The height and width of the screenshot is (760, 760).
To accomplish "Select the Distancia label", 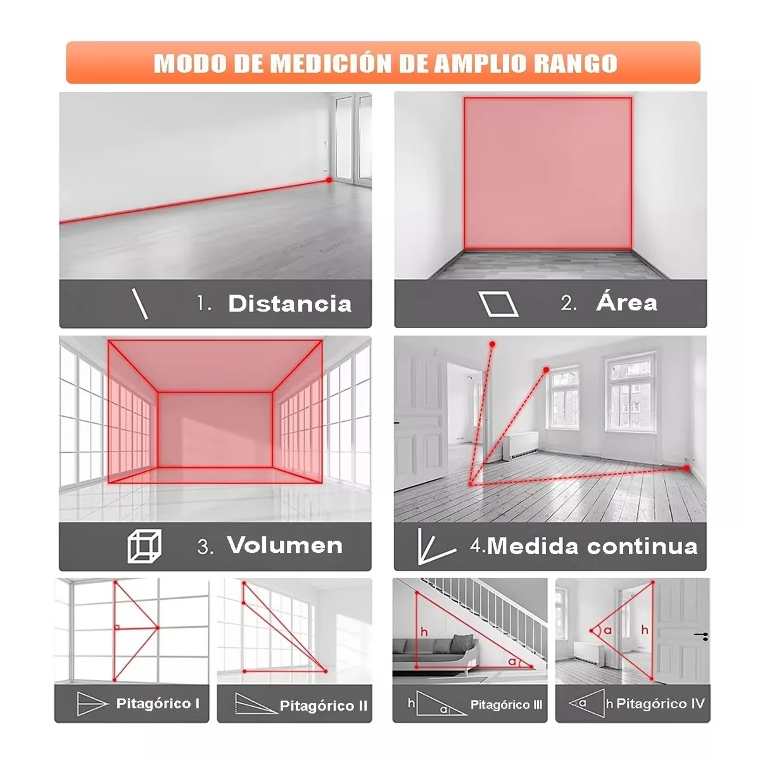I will (289, 303).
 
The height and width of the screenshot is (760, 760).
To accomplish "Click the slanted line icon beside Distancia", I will (140, 303).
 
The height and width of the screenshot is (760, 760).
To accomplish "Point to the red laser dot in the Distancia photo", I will (329, 180).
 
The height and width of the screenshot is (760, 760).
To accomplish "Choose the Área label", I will (626, 303).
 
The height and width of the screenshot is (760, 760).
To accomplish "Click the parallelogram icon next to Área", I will (498, 303).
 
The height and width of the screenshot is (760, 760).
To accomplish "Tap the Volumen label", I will (284, 545).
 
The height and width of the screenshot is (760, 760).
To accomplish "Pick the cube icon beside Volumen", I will (144, 546).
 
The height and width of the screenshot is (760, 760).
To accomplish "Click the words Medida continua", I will (592, 546).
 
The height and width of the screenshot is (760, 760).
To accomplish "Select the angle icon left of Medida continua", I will (434, 547).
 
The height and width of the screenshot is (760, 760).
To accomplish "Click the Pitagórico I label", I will (158, 703).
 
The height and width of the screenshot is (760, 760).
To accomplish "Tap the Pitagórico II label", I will (323, 706).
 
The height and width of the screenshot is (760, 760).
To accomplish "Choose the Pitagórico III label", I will (506, 704).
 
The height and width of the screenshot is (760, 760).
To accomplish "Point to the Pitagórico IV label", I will (660, 703).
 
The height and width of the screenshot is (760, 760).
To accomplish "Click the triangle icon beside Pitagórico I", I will (92, 703).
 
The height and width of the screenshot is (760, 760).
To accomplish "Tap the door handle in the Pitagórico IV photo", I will (700, 635).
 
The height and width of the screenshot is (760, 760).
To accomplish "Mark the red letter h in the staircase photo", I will (424, 631).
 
